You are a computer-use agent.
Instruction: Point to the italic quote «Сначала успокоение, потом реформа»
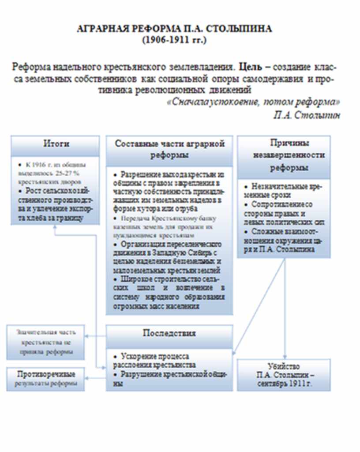pyautogui.click(x=254, y=102)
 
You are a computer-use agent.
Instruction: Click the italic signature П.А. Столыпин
pyautogui.click(x=307, y=115)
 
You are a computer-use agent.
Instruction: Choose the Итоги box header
pyautogui.click(x=56, y=144)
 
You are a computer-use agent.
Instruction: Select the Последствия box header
pyautogui.click(x=169, y=333)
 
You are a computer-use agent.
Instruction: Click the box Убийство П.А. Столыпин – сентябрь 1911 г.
pyautogui.click(x=284, y=375)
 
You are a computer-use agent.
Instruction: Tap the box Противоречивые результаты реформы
pyautogui.click(x=46, y=379)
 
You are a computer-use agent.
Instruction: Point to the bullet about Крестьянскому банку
pyautogui.click(x=169, y=227)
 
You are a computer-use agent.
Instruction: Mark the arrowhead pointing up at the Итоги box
pyautogui.click(x=55, y=227)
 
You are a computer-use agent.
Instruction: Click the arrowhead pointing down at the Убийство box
pyautogui.click(x=285, y=357)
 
